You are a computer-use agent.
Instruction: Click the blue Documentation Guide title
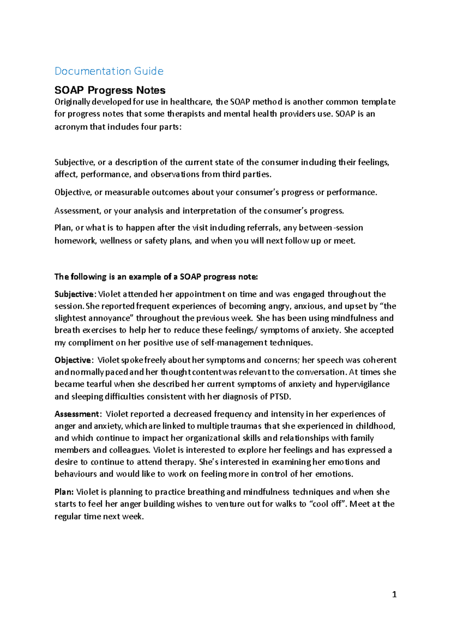(109, 71)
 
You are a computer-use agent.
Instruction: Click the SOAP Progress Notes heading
(110, 90)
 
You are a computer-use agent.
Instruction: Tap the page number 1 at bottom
(394, 594)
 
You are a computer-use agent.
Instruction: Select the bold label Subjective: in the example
(76, 294)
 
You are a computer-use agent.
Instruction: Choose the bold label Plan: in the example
(65, 492)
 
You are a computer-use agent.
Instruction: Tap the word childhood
(375, 426)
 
